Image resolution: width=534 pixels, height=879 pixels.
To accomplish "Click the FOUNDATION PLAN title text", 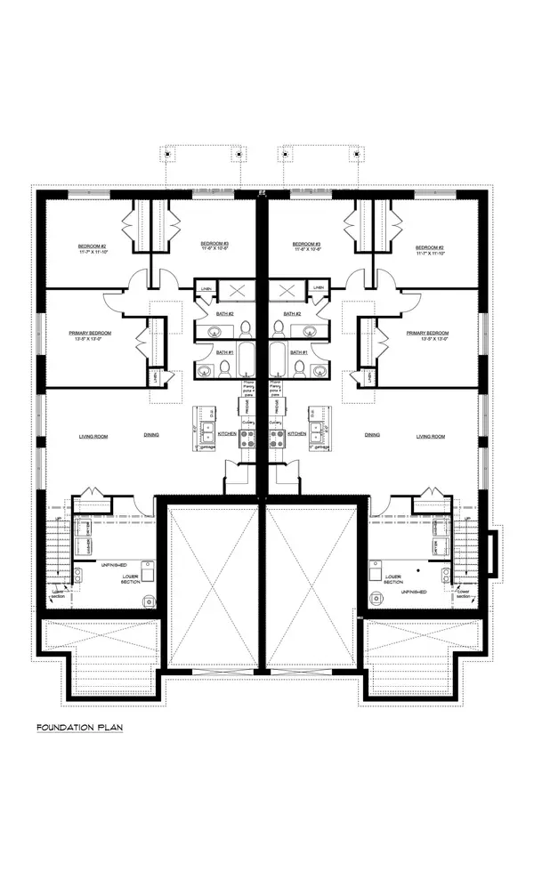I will pos(79,728).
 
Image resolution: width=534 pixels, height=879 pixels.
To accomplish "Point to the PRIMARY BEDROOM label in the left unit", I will pos(90,333).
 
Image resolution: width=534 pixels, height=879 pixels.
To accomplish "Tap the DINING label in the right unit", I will pos(372,436).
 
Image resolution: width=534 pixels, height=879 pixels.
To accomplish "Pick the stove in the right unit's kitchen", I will pos(277,438).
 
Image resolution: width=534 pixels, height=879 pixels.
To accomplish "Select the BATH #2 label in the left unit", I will pos(225,314).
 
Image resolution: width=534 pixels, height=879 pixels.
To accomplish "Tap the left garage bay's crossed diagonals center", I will pos(213,587).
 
